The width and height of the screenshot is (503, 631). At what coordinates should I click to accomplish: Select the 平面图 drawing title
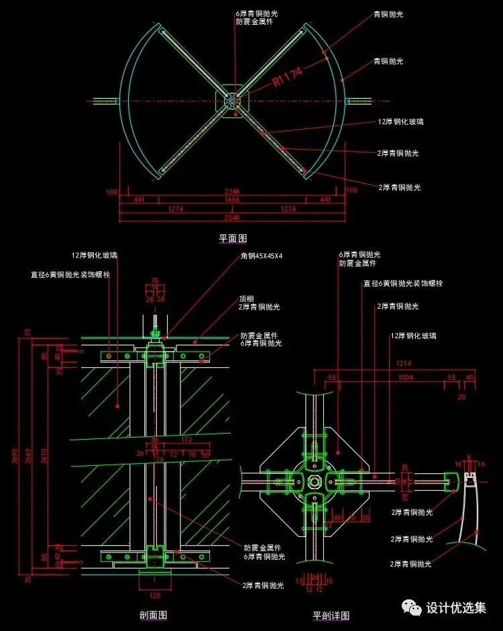click(x=233, y=238)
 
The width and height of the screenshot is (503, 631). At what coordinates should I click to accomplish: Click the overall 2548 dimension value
click(x=233, y=218)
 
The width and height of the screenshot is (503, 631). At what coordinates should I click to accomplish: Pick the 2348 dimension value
click(x=233, y=191)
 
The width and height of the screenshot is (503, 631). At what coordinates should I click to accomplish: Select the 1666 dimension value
click(x=233, y=200)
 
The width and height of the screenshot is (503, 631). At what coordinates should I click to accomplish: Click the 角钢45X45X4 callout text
click(x=262, y=256)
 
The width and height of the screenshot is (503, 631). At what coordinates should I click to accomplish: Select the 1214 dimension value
click(x=403, y=363)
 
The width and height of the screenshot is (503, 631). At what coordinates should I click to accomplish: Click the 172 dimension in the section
click(x=187, y=439)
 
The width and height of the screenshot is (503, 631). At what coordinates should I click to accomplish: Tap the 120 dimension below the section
click(x=154, y=595)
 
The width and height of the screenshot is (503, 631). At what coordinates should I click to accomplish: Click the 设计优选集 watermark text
click(x=456, y=608)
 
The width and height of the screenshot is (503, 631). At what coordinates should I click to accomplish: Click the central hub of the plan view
click(x=232, y=101)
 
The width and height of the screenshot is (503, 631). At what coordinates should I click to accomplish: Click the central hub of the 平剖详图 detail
click(x=313, y=481)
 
